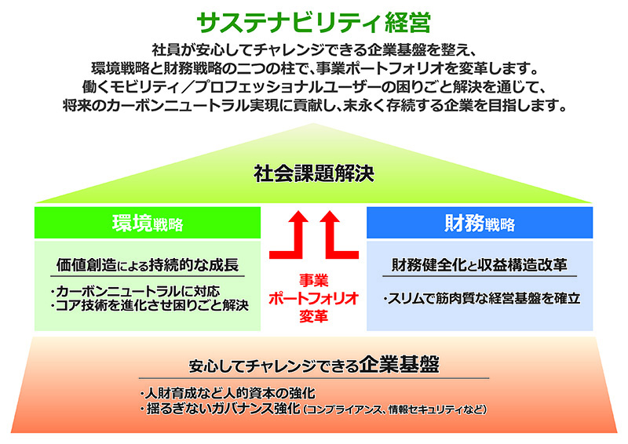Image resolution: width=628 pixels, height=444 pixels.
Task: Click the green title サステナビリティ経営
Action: tap(313, 22)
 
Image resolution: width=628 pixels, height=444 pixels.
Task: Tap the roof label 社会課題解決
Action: tap(314, 173)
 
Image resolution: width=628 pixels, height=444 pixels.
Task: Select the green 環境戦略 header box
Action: tap(148, 223)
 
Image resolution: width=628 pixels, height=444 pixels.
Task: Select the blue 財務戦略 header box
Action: tap(480, 223)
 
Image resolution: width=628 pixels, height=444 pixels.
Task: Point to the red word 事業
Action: tap(313, 280)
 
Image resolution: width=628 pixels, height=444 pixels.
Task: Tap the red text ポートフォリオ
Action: tap(313, 298)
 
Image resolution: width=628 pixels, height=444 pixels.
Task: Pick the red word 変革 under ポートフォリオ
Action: tap(313, 316)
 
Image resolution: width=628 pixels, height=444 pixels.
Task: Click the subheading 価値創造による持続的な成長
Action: tap(148, 265)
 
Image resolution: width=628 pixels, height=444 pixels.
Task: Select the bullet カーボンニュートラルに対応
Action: tap(135, 291)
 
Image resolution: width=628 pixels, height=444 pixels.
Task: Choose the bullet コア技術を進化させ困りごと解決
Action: tap(150, 305)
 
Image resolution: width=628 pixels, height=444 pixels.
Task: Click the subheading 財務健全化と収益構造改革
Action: tap(480, 265)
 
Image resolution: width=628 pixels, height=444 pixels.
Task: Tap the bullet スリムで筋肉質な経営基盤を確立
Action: tap(482, 298)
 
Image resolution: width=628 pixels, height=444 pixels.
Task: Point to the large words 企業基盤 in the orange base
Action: tap(399, 364)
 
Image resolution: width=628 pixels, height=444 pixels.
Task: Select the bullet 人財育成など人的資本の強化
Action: tap(228, 393)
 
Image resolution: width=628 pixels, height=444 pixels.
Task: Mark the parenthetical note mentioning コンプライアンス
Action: tap(395, 409)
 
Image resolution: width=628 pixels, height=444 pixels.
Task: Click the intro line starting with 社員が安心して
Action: tap(313, 50)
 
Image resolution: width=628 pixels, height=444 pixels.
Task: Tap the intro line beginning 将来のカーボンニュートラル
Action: tap(315, 105)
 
